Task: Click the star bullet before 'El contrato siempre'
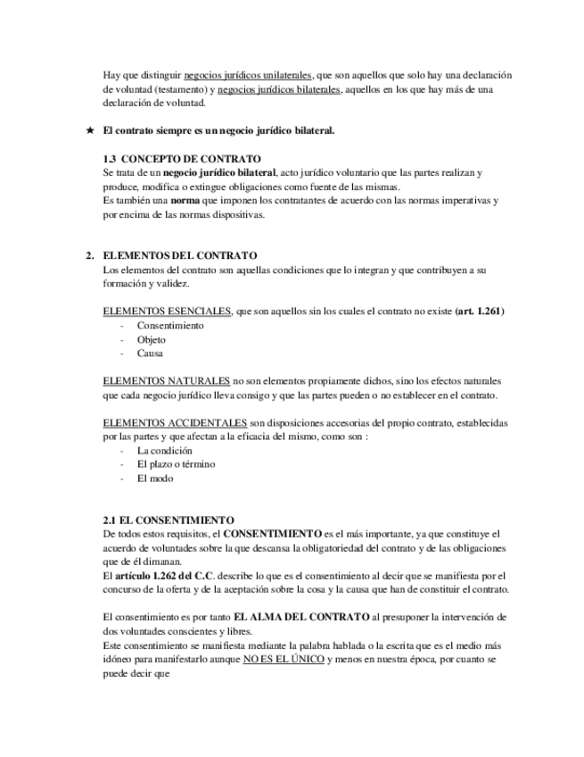[x=89, y=131]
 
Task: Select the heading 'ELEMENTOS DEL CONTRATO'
[x=180, y=255]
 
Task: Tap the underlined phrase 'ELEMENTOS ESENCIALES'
[x=167, y=312]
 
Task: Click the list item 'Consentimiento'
[x=170, y=326]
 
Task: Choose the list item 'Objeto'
[x=152, y=340]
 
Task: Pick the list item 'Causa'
[x=151, y=354]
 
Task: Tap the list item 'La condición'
[x=164, y=451]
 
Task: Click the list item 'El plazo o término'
[x=177, y=464]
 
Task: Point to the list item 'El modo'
[x=155, y=478]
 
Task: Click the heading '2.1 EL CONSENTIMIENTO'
[x=169, y=520]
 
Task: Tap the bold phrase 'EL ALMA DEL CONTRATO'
[x=301, y=617]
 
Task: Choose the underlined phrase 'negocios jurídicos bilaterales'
[x=279, y=90]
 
